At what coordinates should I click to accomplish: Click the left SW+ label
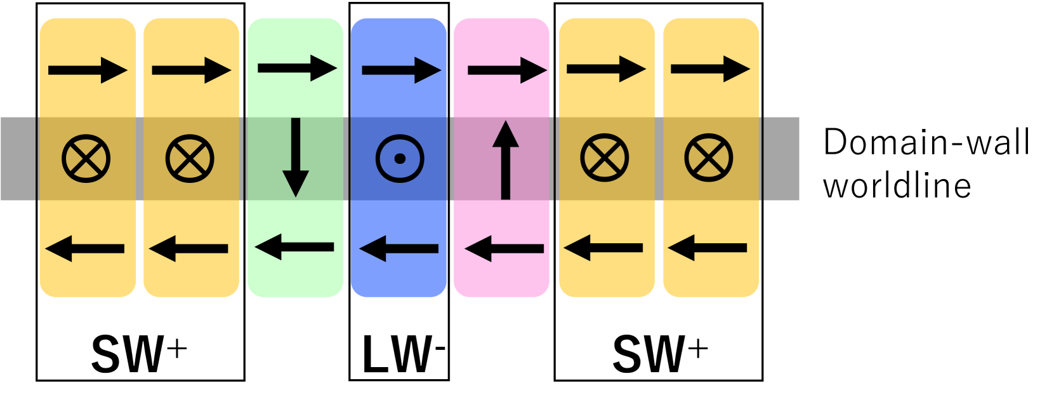[x=138, y=354]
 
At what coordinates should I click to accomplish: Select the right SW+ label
[x=659, y=354]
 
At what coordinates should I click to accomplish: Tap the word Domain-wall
[x=926, y=142]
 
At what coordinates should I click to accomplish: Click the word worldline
[x=897, y=186]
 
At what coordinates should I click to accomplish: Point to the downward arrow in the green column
[x=295, y=157]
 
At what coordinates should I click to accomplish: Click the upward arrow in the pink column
[x=505, y=160]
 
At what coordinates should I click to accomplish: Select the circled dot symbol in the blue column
[x=400, y=159]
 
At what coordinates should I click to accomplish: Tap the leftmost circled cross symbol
[x=86, y=159]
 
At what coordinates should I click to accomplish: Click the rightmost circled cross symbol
[x=709, y=158]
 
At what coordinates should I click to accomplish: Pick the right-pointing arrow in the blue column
[x=401, y=70]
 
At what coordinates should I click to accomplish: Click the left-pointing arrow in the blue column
[x=399, y=248]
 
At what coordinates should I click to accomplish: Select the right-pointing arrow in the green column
[x=297, y=68]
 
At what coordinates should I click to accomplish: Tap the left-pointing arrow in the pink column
[x=504, y=248]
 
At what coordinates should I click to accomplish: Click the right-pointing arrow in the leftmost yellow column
[x=88, y=70]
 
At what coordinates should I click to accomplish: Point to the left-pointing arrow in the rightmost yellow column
[x=707, y=248]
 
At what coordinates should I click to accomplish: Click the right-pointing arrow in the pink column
[x=507, y=70]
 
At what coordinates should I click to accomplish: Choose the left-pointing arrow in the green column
[x=294, y=247]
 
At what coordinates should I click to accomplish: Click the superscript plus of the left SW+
[x=177, y=349]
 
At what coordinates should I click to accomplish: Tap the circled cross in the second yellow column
[x=190, y=159]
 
